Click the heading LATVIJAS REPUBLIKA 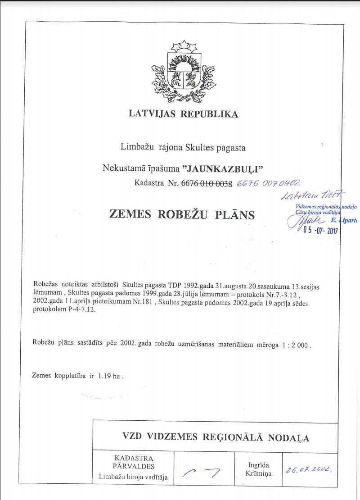(x=183, y=114)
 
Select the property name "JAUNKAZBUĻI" (x=223, y=168)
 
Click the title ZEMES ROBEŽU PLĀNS (x=182, y=214)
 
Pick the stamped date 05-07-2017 (x=320, y=231)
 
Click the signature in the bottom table (x=203, y=472)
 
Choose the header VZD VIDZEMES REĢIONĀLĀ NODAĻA (x=216, y=437)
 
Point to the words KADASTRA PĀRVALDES (x=134, y=462)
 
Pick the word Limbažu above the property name (x=137, y=147)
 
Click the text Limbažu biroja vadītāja (x=133, y=477)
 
